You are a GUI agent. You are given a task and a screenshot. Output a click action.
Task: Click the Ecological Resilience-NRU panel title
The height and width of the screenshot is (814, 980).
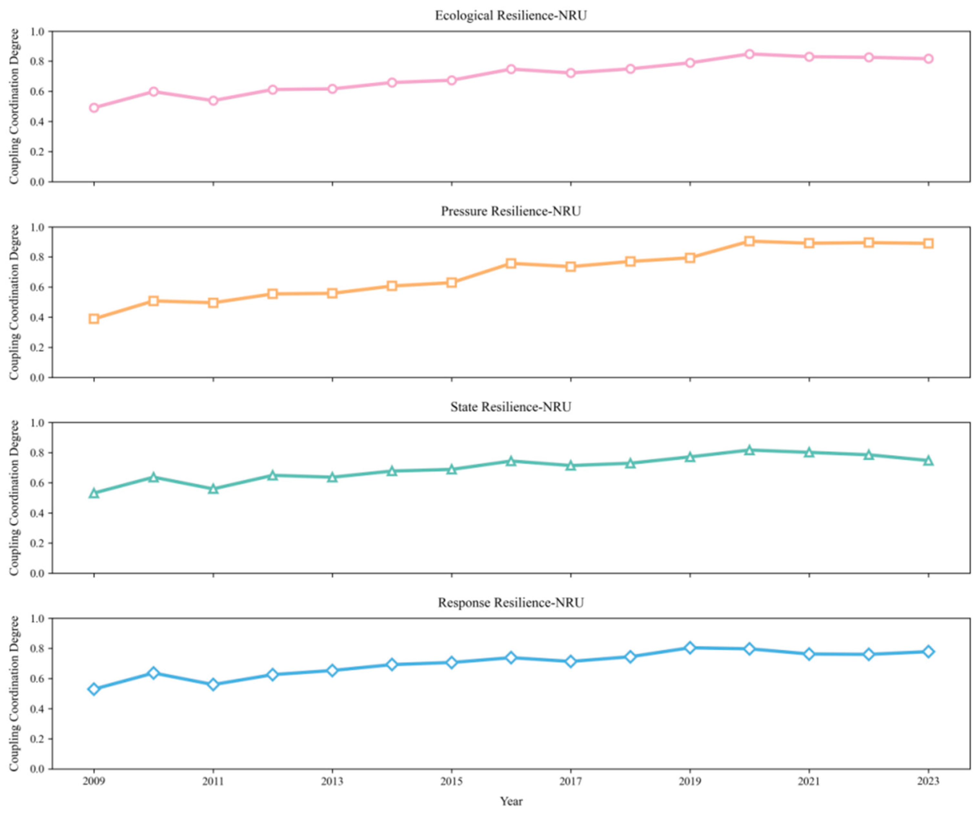511,16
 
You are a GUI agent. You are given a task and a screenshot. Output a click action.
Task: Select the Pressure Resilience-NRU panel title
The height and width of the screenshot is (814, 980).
511,211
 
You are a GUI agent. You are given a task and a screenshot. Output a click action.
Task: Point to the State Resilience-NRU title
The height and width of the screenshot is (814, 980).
511,407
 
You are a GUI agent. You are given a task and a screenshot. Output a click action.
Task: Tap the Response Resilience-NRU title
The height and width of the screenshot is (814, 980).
511,602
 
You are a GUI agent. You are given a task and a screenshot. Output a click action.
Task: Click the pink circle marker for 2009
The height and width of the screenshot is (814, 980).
94,108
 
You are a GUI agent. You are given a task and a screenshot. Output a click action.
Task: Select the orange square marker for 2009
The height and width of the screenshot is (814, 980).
94,318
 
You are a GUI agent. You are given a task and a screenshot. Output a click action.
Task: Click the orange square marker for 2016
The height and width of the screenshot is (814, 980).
511,263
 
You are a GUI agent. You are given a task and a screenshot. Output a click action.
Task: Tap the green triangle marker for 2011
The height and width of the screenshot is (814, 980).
213,488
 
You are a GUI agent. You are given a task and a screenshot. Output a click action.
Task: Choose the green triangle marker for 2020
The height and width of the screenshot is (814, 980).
750,450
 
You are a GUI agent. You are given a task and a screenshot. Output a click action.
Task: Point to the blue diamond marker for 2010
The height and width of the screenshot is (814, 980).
154,673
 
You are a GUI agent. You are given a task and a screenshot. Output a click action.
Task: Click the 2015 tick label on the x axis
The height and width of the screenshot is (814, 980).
451,781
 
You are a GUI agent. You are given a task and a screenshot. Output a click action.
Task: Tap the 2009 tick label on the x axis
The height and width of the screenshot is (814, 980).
94,781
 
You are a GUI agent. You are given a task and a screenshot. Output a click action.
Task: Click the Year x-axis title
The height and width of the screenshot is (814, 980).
511,801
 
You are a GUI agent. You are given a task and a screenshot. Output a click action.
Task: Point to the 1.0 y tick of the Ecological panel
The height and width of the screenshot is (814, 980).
37,32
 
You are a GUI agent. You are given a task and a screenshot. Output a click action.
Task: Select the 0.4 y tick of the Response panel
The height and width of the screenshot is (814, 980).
37,709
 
